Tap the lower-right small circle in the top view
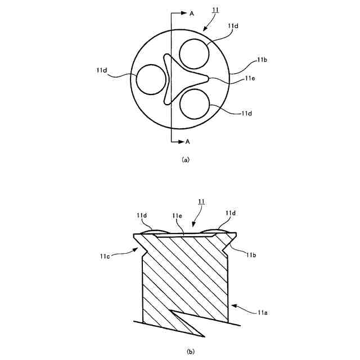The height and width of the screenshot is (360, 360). tap(195, 102)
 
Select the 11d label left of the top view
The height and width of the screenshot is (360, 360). tap(102, 70)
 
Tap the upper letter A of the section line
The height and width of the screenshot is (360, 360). tap(192, 13)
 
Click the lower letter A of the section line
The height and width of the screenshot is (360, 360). tap(187, 142)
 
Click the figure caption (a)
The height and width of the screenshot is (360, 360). tap(186, 159)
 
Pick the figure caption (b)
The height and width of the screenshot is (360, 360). tap(190, 352)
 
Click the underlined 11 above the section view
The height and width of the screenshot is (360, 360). tap(201, 201)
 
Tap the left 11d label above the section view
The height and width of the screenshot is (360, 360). tap(141, 214)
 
